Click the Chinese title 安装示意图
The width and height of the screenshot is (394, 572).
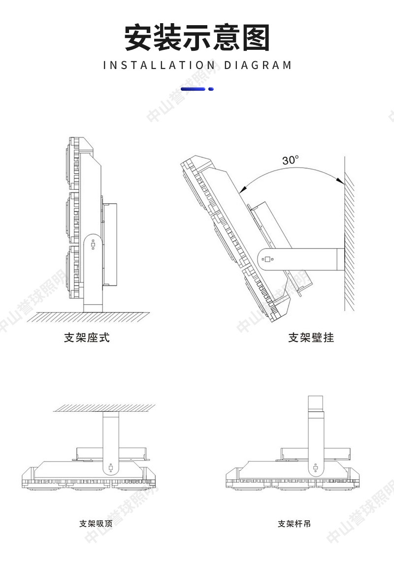(197, 38)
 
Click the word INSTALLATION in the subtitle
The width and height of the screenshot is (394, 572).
(160, 65)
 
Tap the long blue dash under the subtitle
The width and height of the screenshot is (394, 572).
(193, 89)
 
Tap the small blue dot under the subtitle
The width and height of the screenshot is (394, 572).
(211, 89)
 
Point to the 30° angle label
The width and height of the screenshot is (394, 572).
(291, 160)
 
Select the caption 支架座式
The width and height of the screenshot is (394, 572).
(87, 338)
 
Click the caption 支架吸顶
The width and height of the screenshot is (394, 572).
(96, 523)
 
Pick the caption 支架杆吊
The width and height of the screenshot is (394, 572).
(295, 523)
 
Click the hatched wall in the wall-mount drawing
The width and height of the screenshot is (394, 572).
(349, 237)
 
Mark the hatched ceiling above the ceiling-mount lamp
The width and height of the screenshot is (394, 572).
(104, 407)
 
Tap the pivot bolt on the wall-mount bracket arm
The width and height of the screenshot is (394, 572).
(267, 259)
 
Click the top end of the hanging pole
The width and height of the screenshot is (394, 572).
(315, 399)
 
